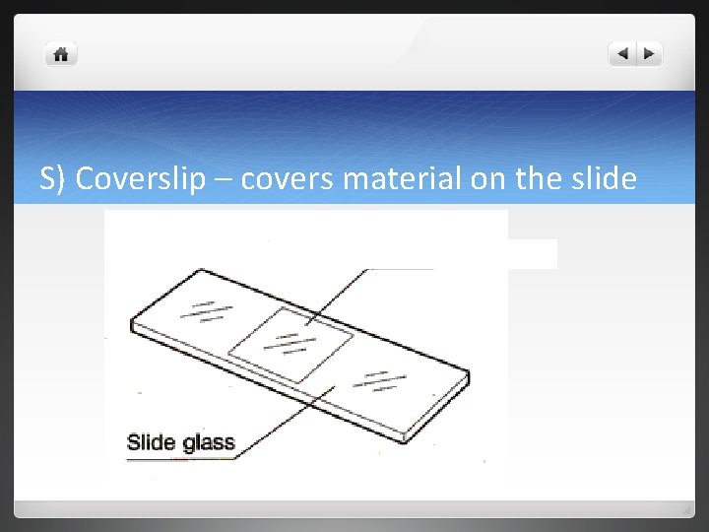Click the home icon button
point(61,55)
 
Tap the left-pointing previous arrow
point(622,54)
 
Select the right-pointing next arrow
point(650,54)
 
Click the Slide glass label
point(181,442)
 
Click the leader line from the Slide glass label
point(286,424)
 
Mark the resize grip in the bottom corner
point(687,509)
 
